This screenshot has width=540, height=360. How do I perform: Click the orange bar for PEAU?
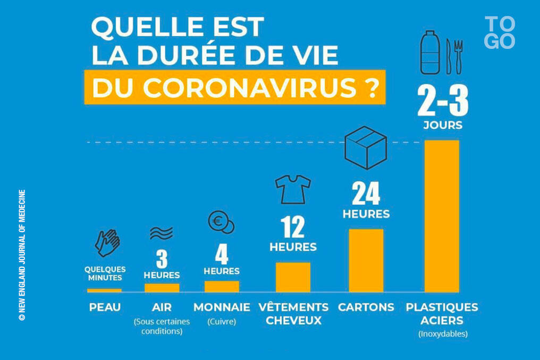pos(104,290)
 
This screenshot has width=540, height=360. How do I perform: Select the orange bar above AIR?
pos(162,288)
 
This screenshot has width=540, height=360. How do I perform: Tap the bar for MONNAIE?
pos(222,286)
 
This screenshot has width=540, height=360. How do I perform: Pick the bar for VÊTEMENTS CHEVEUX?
pos(293,277)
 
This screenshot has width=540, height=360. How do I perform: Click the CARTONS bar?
pos(366,261)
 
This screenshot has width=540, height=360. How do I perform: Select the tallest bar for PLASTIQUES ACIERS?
pos(442,216)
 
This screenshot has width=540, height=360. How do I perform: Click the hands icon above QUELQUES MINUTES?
pos(107,243)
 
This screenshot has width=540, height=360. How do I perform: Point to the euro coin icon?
pos(221,222)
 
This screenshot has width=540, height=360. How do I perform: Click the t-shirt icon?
pos(292,189)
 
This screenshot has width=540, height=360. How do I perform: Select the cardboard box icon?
pos(365,147)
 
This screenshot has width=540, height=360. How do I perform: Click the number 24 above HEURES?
pos(366,194)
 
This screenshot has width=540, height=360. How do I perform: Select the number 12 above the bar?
pos(293,227)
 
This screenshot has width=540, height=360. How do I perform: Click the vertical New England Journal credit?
pos(22,255)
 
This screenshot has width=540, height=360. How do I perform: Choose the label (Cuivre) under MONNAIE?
pos(222,321)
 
